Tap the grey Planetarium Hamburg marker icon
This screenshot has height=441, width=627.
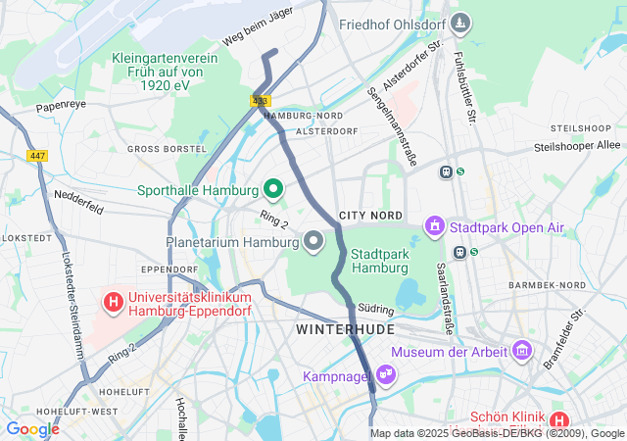313,240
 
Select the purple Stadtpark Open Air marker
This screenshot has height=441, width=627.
435,227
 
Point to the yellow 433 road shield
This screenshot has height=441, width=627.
260,101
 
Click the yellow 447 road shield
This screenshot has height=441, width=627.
37,156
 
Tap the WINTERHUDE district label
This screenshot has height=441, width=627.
345,330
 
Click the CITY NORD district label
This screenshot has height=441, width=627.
370,215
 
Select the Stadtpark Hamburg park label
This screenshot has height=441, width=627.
379,260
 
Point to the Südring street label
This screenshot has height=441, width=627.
376,308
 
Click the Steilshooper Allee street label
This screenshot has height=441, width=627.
577,146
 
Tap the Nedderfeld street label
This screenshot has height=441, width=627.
78,194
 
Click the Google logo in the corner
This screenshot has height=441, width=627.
32,429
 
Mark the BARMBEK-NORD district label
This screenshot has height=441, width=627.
547,285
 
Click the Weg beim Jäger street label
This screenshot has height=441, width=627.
258,27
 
